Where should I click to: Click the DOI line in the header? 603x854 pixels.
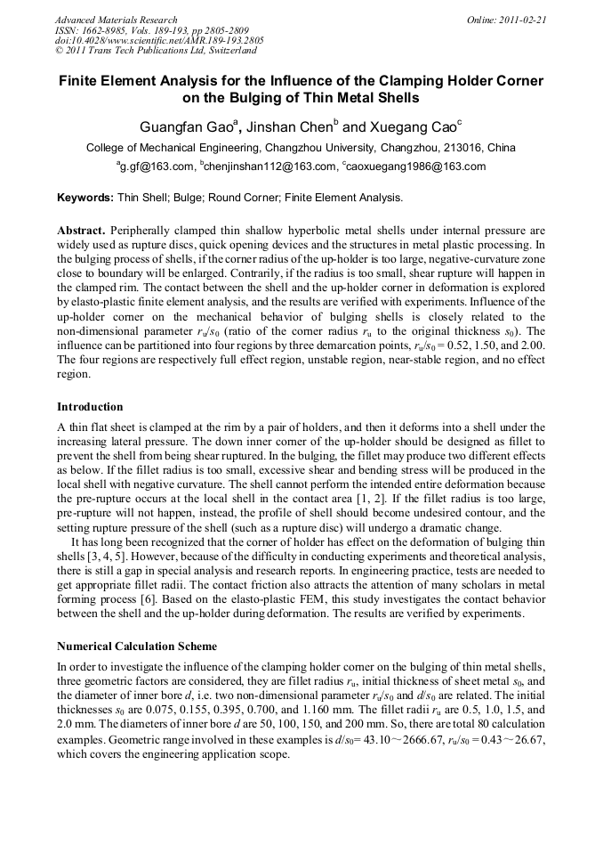tap(159, 41)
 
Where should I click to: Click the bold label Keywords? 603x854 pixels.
tap(85, 198)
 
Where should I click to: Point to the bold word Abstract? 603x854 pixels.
tap(82, 229)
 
